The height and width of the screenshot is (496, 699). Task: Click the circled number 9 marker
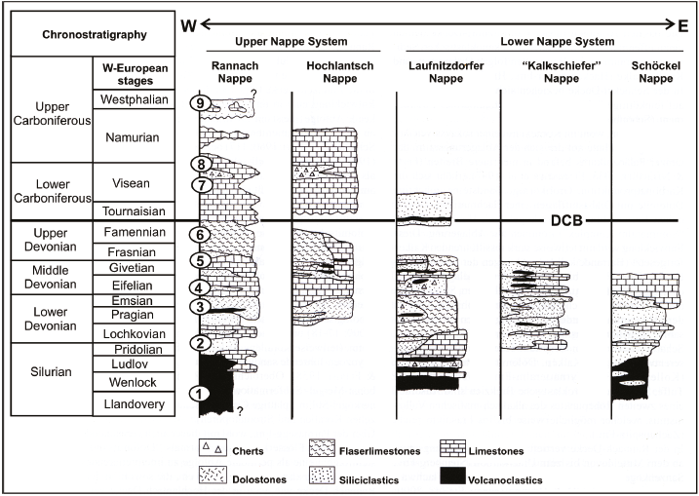coord(199,103)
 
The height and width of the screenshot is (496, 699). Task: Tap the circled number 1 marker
coord(199,395)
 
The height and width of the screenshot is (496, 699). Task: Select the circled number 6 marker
coord(199,235)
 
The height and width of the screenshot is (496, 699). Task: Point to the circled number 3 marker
coord(199,307)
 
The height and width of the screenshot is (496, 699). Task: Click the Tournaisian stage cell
coord(136,210)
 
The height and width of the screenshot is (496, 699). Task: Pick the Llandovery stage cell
coord(136,403)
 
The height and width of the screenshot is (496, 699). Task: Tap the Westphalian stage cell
coord(136,99)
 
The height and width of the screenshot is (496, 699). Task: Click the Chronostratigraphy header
coord(95,35)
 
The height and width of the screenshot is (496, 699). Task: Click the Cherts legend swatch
coord(215,449)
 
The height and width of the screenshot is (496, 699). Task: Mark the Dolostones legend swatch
coord(215,476)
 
